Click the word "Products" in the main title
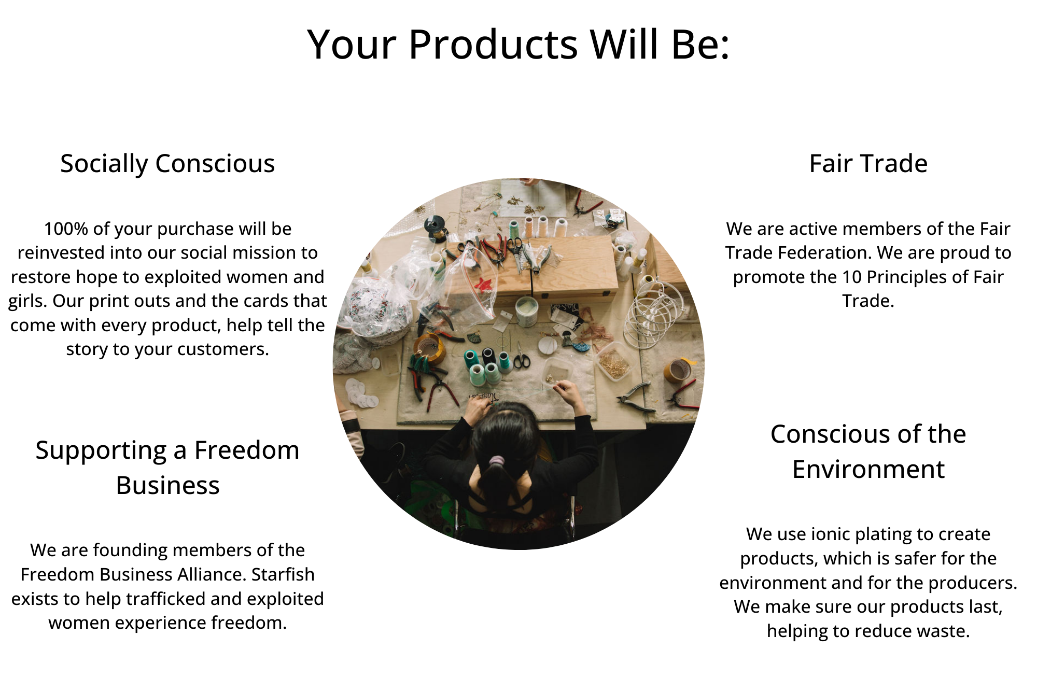(493, 44)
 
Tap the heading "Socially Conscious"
(167, 164)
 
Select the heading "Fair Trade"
(868, 163)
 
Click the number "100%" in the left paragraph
(61, 229)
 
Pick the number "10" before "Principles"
(851, 277)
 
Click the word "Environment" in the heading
(868, 469)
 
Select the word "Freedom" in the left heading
(247, 450)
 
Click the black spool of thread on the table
(488, 356)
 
